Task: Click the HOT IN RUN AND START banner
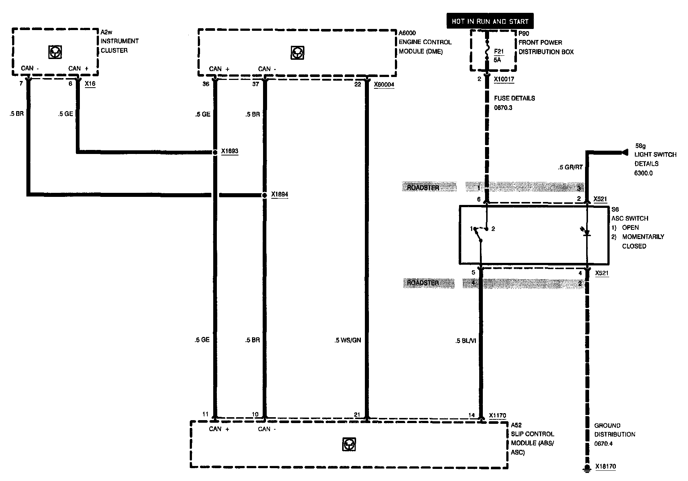(490, 21)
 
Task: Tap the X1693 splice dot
(215, 152)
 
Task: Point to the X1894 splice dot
(265, 195)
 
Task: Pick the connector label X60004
(384, 85)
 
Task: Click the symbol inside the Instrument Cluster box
(55, 52)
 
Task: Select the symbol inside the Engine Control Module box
(297, 53)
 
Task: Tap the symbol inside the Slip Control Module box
(349, 444)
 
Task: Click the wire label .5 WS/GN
(348, 340)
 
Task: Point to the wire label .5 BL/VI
(466, 341)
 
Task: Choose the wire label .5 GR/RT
(570, 168)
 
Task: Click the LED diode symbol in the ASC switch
(587, 232)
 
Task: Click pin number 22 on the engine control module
(358, 84)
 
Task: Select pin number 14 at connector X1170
(471, 415)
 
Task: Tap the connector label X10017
(504, 79)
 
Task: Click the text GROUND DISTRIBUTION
(615, 430)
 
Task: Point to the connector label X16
(90, 84)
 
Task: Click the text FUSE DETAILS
(514, 98)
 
